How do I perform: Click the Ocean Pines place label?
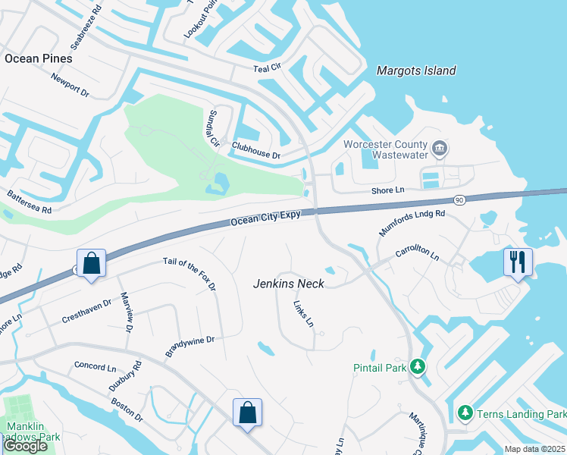coord(38,58)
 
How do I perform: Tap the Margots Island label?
coord(416,71)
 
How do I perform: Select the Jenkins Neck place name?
coord(288,284)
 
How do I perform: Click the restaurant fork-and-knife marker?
coord(518,262)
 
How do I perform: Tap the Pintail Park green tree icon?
coord(417,367)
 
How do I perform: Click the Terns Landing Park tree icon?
coord(465,413)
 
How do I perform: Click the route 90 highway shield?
coord(459,199)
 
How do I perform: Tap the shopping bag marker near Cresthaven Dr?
coord(91,263)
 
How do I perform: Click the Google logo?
coord(25,446)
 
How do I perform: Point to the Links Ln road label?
coord(303,313)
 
